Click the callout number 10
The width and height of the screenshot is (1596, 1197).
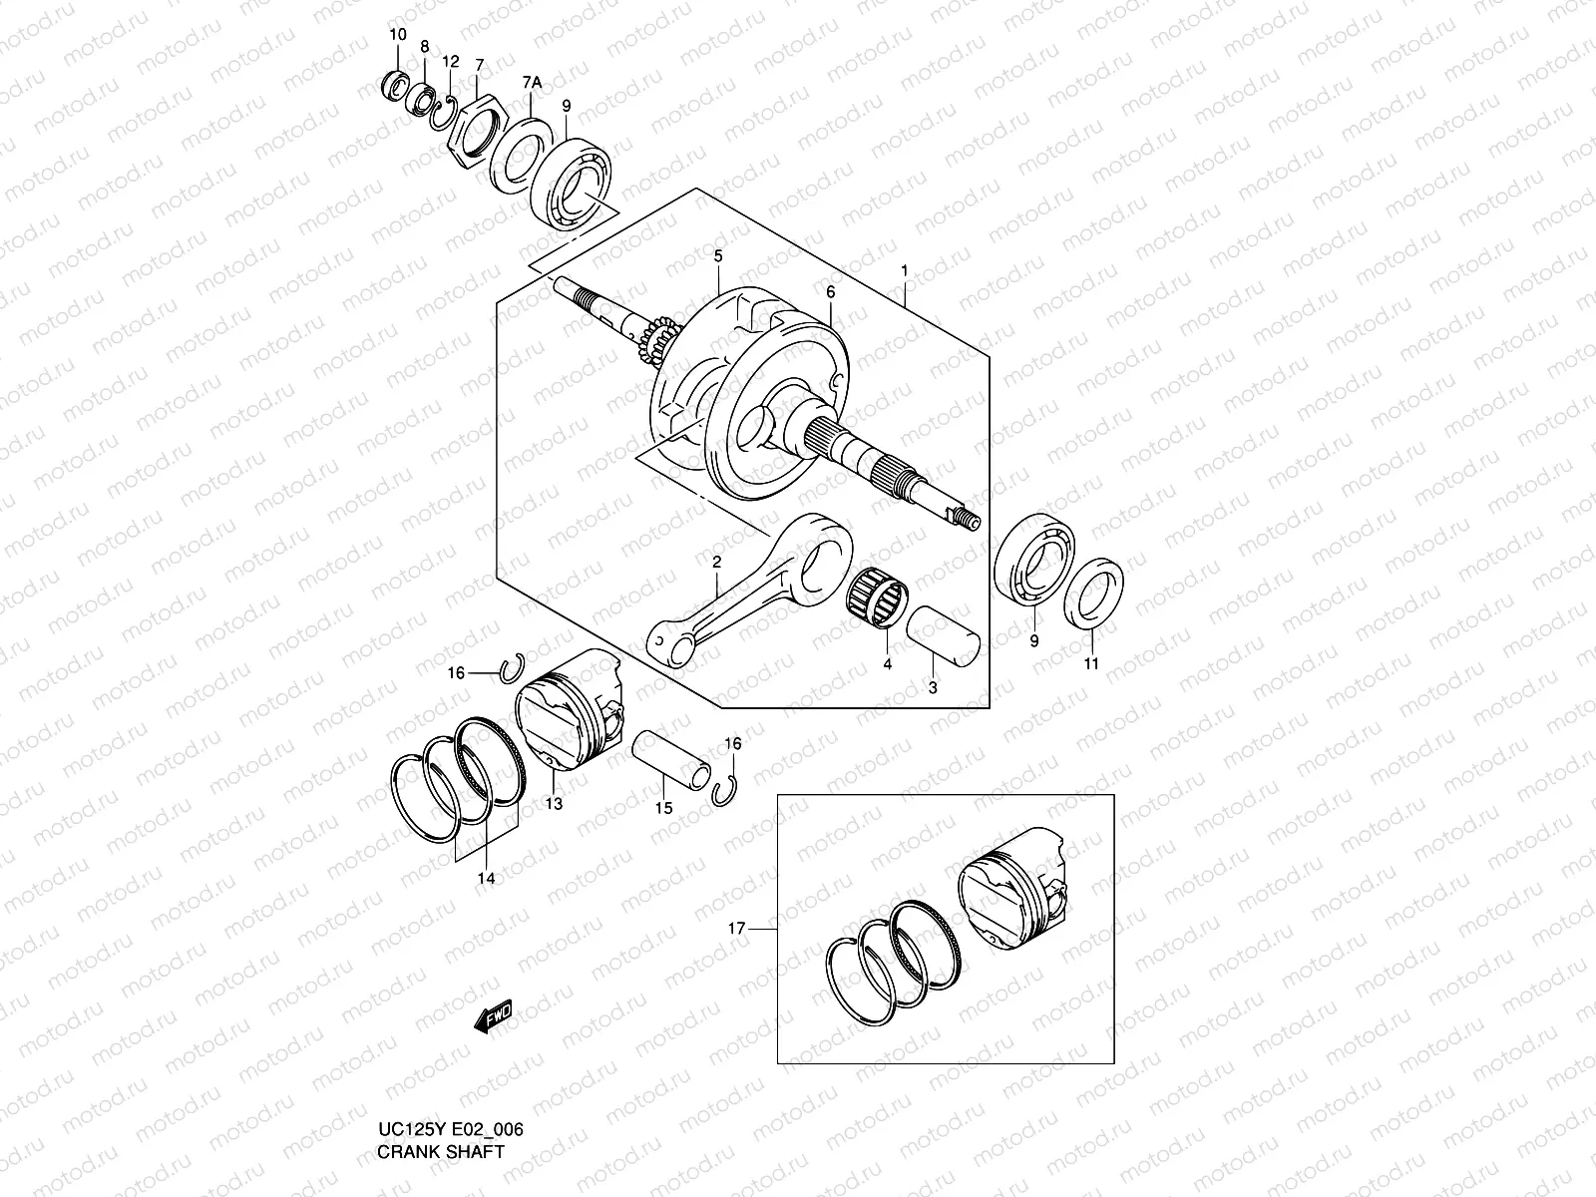point(397,35)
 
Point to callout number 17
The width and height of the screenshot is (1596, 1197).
point(737,929)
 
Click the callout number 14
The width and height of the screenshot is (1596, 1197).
point(486,879)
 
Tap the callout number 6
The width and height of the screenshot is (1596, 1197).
point(829,291)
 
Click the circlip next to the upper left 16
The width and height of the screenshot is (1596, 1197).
point(515,666)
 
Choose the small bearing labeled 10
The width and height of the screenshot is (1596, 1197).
point(396,86)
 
